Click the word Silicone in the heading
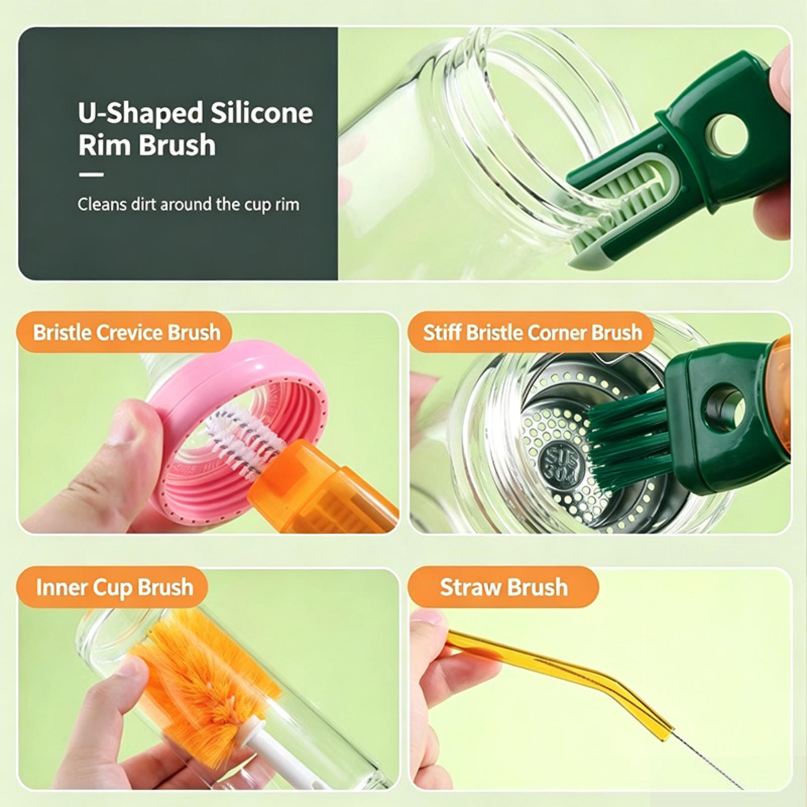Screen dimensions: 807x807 click(261, 112)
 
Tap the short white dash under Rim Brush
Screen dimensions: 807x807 click(91, 175)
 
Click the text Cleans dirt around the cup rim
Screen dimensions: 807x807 click(188, 204)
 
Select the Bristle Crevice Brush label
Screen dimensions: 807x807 click(127, 332)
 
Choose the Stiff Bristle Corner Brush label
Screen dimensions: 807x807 click(532, 332)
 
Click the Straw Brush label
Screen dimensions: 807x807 click(503, 587)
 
